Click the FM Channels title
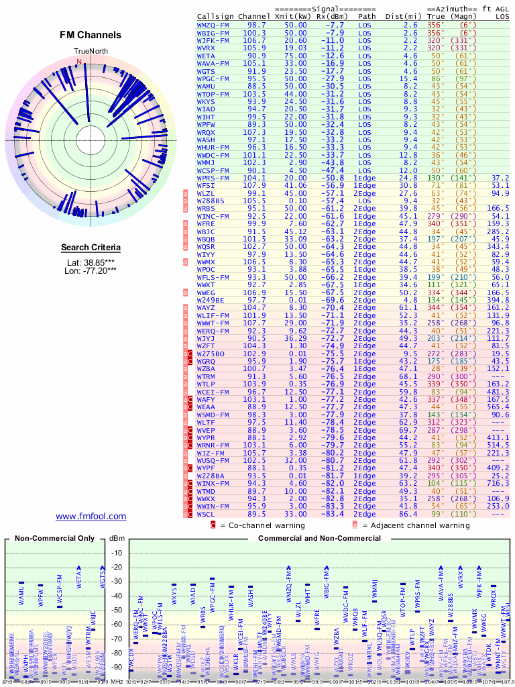click(x=91, y=35)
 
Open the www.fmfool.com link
click(x=91, y=516)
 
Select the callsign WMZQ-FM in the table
click(x=213, y=24)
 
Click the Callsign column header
click(x=215, y=15)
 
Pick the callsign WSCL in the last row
click(x=207, y=513)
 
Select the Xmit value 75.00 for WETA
click(x=296, y=56)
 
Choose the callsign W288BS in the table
click(x=211, y=200)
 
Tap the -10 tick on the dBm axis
click(x=117, y=553)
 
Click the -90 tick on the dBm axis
click(x=117, y=667)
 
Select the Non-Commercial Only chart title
click(x=55, y=538)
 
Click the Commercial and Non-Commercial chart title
click(x=316, y=538)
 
